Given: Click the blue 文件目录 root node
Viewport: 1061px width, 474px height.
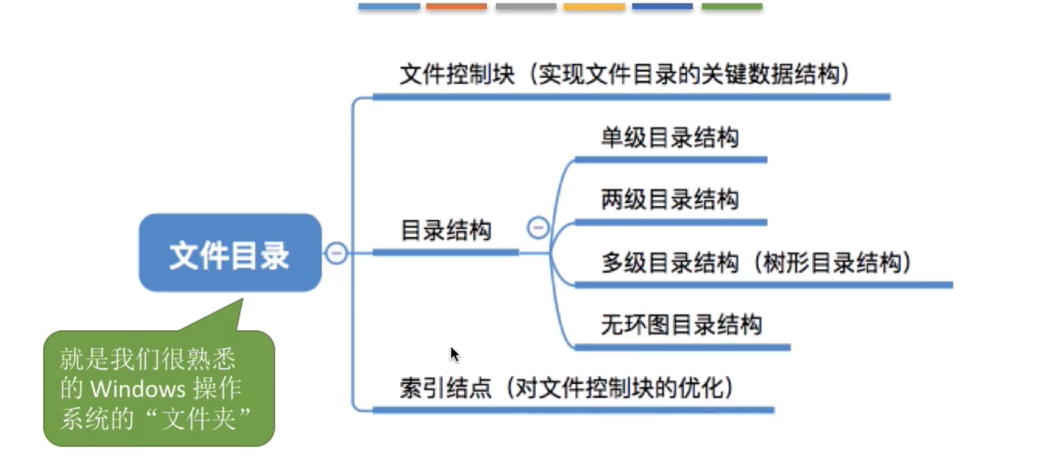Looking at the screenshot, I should click(x=230, y=253).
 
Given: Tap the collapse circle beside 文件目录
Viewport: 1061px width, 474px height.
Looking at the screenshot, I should click(x=336, y=253).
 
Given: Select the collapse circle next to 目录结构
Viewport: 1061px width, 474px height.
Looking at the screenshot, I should click(x=538, y=228).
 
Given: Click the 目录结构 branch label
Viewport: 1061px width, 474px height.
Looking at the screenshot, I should click(x=446, y=231).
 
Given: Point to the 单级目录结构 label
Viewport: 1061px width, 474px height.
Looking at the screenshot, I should click(x=670, y=137).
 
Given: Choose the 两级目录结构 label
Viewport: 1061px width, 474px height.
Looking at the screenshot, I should click(x=670, y=200).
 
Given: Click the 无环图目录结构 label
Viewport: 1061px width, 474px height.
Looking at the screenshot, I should click(x=682, y=324).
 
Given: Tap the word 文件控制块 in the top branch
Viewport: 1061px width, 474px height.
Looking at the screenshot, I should click(x=457, y=74).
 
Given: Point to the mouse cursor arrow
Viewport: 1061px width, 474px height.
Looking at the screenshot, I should click(x=454, y=354).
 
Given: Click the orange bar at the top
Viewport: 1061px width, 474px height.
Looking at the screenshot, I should click(x=456, y=6).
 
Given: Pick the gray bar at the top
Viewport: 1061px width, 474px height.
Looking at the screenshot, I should click(x=526, y=6).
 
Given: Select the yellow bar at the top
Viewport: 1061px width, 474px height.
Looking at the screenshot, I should click(x=594, y=6).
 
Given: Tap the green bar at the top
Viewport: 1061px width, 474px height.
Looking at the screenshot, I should click(x=732, y=6).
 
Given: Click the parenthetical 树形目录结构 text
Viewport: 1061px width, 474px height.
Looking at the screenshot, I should click(x=833, y=263).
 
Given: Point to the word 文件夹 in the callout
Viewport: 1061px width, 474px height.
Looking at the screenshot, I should click(x=199, y=419).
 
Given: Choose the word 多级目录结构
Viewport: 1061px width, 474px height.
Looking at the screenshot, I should click(x=670, y=263).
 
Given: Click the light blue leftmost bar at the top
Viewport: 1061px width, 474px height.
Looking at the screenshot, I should click(x=389, y=6).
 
